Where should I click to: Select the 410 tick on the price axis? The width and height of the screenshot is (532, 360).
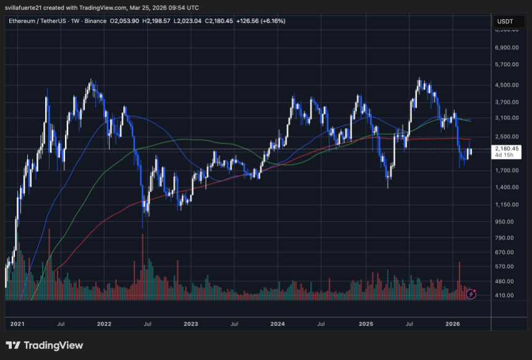506,295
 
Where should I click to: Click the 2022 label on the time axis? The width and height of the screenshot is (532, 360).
104,324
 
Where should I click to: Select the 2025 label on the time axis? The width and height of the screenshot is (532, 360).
366,324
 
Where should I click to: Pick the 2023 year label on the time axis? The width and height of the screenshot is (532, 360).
191,324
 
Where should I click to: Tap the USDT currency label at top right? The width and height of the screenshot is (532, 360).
505,21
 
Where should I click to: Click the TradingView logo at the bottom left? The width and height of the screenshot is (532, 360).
45,345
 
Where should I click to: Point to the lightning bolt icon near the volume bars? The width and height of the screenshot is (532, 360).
471,294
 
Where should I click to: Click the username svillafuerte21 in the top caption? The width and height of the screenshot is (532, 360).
26,8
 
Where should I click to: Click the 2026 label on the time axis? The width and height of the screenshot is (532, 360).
453,324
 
